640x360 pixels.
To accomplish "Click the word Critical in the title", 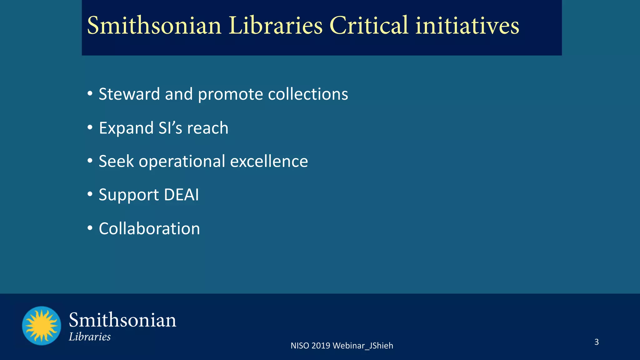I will pos(369,26).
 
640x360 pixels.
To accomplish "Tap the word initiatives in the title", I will pos(467,26).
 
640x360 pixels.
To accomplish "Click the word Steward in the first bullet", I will pos(129,94).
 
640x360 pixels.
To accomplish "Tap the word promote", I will pos(230,95).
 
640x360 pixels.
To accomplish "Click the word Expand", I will pos(126,128).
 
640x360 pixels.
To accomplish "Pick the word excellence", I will pos(269,161).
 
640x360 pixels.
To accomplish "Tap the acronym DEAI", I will pos(181,195).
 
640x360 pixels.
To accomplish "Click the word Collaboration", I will pos(149,229).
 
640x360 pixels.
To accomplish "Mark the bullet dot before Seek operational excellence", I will pos(90,161).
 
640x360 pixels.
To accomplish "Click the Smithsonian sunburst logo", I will pos(42,326).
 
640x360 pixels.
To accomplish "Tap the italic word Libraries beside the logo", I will pos(90,337).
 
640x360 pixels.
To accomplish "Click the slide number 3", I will pos(596,342).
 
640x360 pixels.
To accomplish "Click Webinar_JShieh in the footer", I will pos(363,346).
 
